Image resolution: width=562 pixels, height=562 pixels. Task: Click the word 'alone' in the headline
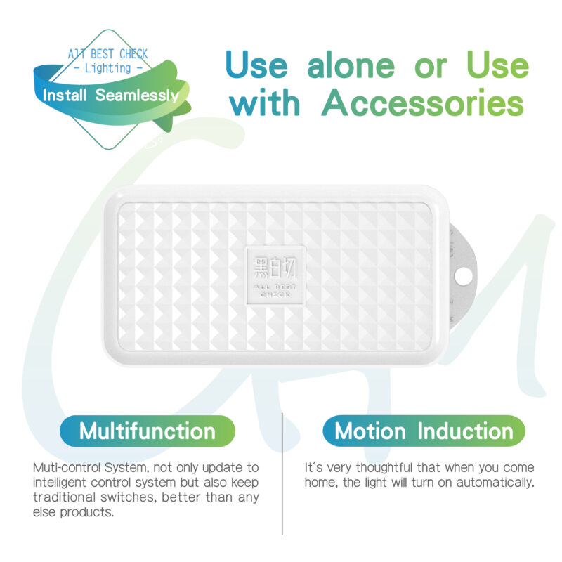click(351, 65)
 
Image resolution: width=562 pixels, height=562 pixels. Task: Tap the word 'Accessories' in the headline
click(423, 103)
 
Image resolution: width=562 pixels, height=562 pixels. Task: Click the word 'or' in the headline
click(431, 68)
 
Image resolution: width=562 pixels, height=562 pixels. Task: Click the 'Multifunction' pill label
click(148, 431)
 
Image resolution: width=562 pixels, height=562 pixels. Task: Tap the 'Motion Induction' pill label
click(424, 431)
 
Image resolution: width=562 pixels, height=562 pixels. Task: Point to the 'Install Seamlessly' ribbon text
click(111, 96)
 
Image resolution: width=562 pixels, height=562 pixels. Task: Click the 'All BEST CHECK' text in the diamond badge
click(108, 54)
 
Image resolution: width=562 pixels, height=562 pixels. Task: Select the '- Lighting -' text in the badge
click(108, 68)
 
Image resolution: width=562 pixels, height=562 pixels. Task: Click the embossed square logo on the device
click(275, 275)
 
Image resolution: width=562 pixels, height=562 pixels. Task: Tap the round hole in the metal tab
click(464, 276)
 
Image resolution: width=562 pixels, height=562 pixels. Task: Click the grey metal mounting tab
click(463, 276)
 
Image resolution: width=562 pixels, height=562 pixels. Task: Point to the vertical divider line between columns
click(282, 473)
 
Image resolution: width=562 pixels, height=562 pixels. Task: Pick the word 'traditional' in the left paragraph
click(65, 497)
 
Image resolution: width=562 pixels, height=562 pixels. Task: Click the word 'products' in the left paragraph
click(86, 513)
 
